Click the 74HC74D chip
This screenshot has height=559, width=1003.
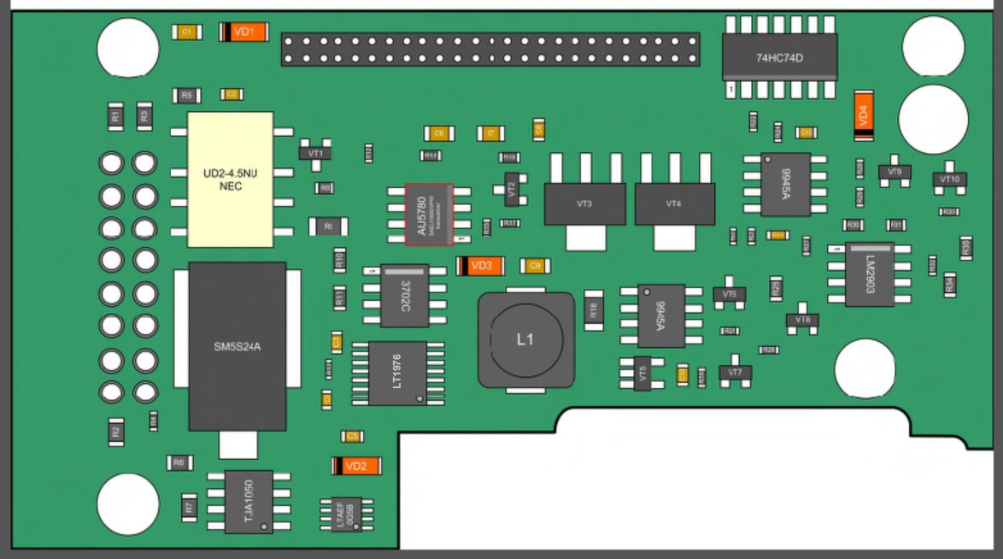[779, 58]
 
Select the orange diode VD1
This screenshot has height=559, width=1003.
[244, 32]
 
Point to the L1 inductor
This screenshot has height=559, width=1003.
[525, 339]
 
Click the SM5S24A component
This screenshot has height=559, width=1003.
[238, 346]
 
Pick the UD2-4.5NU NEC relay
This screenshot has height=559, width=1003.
[231, 179]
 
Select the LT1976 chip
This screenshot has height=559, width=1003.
[397, 373]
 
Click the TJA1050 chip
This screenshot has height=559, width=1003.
[249, 501]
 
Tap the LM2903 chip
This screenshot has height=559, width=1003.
[870, 274]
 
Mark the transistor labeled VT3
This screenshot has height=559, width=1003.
[584, 204]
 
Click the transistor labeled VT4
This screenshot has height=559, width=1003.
[674, 204]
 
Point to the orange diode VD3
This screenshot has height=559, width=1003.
[481, 266]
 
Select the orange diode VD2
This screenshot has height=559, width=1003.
[355, 466]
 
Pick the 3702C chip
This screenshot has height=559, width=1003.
[404, 294]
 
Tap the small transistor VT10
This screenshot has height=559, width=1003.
[949, 179]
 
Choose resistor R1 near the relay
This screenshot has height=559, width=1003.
[114, 117]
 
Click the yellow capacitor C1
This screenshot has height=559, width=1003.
[186, 32]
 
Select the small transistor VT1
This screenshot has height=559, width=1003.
[315, 152]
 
